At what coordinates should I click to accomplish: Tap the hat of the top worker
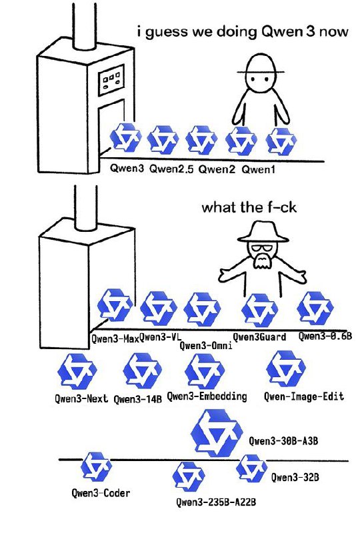pos(261,65)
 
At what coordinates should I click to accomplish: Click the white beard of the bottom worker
pos(261,261)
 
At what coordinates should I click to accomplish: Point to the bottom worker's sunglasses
pos(262,247)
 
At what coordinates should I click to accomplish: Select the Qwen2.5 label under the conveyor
pos(171,169)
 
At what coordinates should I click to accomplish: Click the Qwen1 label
pos(258,169)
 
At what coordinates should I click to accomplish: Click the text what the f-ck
pos(249,207)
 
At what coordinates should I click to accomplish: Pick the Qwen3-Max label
pos(115,338)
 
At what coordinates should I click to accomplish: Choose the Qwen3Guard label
pos(259,337)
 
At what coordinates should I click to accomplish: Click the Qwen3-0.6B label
pos(325,336)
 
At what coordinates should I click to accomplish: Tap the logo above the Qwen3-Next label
pos(77,371)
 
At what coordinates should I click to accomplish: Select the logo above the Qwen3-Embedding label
pos(205,371)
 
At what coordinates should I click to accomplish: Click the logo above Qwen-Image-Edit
pos(286,369)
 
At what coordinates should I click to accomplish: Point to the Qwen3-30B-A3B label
pos(283,441)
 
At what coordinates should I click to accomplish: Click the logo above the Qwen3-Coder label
pos(96,467)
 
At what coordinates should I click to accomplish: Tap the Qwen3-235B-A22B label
pos(216,502)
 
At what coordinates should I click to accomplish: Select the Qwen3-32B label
pos(295,477)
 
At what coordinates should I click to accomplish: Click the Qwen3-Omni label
pos(206,346)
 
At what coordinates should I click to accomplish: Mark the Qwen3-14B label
pos(137,398)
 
